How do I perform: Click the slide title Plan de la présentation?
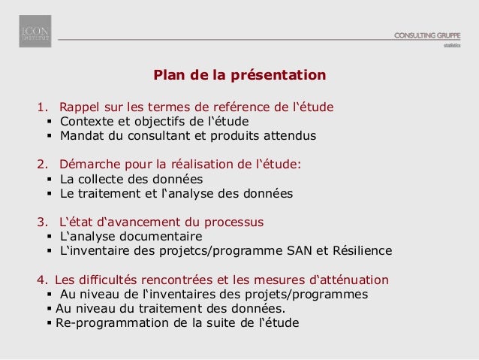click(x=239, y=75)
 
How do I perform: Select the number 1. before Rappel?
click(x=42, y=106)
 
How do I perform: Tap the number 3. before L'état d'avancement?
click(x=42, y=222)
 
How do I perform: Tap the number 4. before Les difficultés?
click(x=42, y=280)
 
